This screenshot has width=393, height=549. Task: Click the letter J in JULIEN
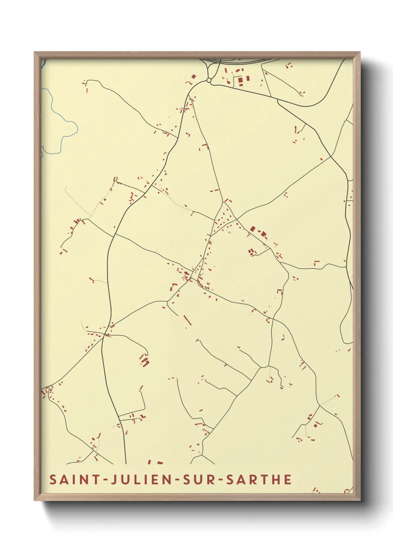[x=109, y=479]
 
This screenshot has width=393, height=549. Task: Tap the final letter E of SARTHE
[x=287, y=479]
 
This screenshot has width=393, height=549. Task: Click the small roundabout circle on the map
[x=209, y=80]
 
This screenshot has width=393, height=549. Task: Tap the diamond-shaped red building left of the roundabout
[x=194, y=76]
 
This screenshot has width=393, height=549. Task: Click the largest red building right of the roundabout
[x=240, y=80]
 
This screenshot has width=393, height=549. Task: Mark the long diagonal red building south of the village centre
[x=188, y=320]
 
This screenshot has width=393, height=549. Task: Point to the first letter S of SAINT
[x=53, y=479]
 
